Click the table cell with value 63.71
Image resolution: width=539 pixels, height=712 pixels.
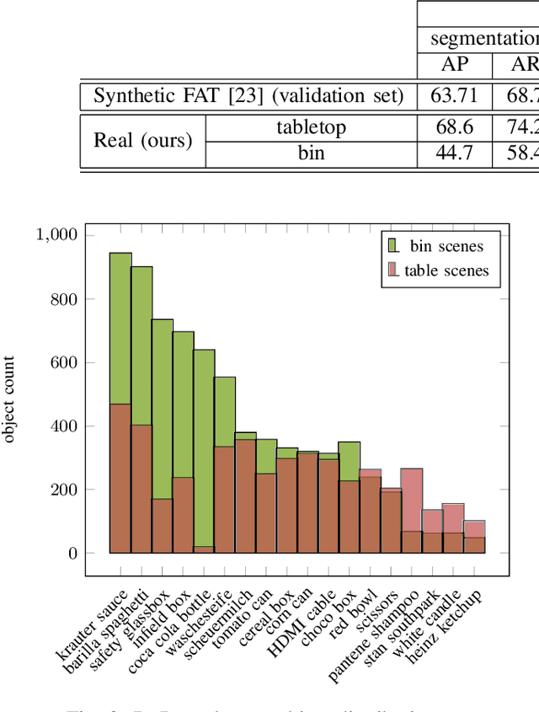point(449,96)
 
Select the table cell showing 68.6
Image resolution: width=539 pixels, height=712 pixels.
point(449,127)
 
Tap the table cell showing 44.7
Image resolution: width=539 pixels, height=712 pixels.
point(449,154)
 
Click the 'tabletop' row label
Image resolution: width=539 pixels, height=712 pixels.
point(311,127)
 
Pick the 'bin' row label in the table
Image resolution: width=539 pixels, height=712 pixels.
point(311,154)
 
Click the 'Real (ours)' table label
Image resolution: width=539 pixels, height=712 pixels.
point(142,141)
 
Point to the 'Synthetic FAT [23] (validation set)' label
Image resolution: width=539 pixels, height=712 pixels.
point(248,96)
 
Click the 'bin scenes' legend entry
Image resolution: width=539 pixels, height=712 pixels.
point(446,246)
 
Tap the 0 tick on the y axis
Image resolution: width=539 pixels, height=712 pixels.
point(72,554)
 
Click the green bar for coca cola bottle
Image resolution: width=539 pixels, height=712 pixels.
point(204,447)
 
